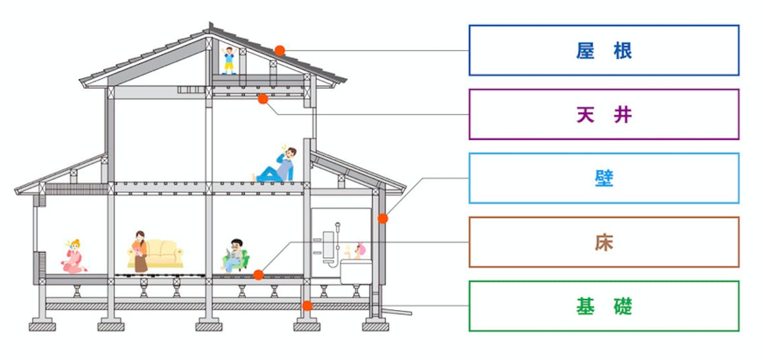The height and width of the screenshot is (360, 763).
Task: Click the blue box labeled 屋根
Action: pos(604,50)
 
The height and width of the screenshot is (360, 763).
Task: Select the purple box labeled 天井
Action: pos(604,114)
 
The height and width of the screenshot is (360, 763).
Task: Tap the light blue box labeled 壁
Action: pos(604,178)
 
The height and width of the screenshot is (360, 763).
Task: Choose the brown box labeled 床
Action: pos(604,242)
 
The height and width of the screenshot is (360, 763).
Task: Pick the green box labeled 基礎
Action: pos(604,306)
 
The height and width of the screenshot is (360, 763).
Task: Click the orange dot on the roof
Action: pos(280,50)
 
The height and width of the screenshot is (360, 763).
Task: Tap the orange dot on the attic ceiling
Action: pos(263,99)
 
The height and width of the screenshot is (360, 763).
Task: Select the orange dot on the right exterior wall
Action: pos(383,218)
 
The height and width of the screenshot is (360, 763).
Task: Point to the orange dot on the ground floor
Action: pos(258,275)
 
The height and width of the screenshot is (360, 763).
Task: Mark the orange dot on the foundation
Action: pos(308,306)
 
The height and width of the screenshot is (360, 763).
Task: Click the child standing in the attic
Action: pos(229,60)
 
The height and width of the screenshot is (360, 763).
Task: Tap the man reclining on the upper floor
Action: pos(277,167)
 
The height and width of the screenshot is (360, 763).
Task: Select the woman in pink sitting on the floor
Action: pos(75,256)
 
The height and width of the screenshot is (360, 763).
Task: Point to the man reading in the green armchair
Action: pos(236,256)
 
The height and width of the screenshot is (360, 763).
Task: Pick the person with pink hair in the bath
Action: pos(361,249)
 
